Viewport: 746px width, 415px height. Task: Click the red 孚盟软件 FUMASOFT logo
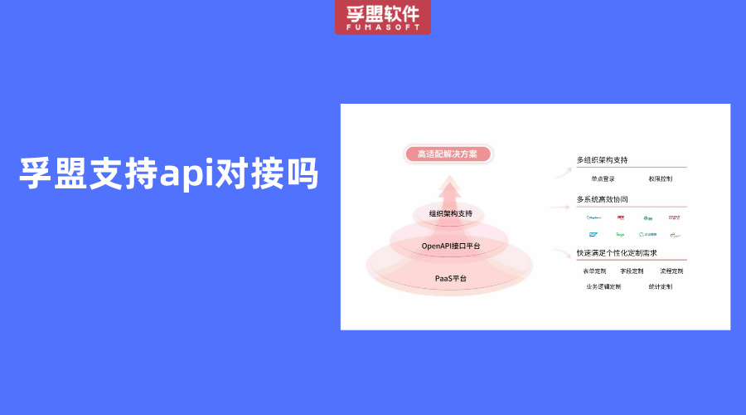point(383,17)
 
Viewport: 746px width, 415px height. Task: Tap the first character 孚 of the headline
point(36,173)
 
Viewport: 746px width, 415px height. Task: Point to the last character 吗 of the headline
point(302,173)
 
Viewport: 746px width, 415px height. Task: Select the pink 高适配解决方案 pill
point(448,154)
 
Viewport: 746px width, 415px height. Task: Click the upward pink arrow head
point(450,189)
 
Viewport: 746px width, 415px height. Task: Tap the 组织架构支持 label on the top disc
point(450,214)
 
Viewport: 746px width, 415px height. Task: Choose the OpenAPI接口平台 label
point(450,246)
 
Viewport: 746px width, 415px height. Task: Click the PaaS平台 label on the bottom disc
point(450,278)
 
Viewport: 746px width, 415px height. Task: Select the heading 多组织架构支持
point(602,160)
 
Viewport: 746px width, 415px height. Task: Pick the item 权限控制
point(661,178)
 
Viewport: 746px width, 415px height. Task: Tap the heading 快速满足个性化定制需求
point(616,252)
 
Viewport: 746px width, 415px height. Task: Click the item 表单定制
point(594,271)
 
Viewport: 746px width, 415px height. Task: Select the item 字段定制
point(632,271)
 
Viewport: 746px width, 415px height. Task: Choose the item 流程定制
point(671,271)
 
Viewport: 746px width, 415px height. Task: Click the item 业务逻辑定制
point(603,286)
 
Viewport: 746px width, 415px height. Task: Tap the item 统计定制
point(661,286)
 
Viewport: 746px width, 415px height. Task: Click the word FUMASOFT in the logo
point(383,27)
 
